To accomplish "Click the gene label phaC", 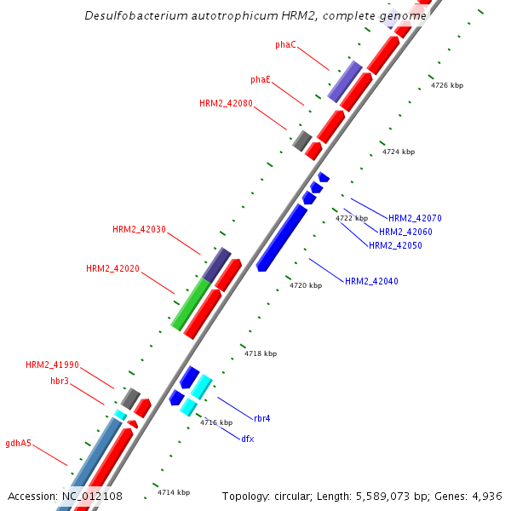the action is [285, 44].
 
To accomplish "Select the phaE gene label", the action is [261, 79].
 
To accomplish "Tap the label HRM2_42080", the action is [226, 103].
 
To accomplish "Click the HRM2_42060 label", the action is [405, 232].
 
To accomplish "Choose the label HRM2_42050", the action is [395, 245].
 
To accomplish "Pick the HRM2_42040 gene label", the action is [371, 281].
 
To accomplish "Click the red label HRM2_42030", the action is [139, 229].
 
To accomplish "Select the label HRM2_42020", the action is [112, 268].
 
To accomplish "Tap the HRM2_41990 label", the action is [52, 365].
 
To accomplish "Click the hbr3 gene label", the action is [60, 380].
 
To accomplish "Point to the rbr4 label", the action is [261, 418].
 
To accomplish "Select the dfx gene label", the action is [247, 439].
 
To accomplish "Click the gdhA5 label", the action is [18, 443].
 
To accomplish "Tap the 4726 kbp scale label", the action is [447, 85].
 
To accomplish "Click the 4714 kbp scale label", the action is [174, 492].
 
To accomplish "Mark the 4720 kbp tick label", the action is [306, 285].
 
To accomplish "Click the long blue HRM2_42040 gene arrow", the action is [282, 238].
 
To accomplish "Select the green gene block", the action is [190, 305].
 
